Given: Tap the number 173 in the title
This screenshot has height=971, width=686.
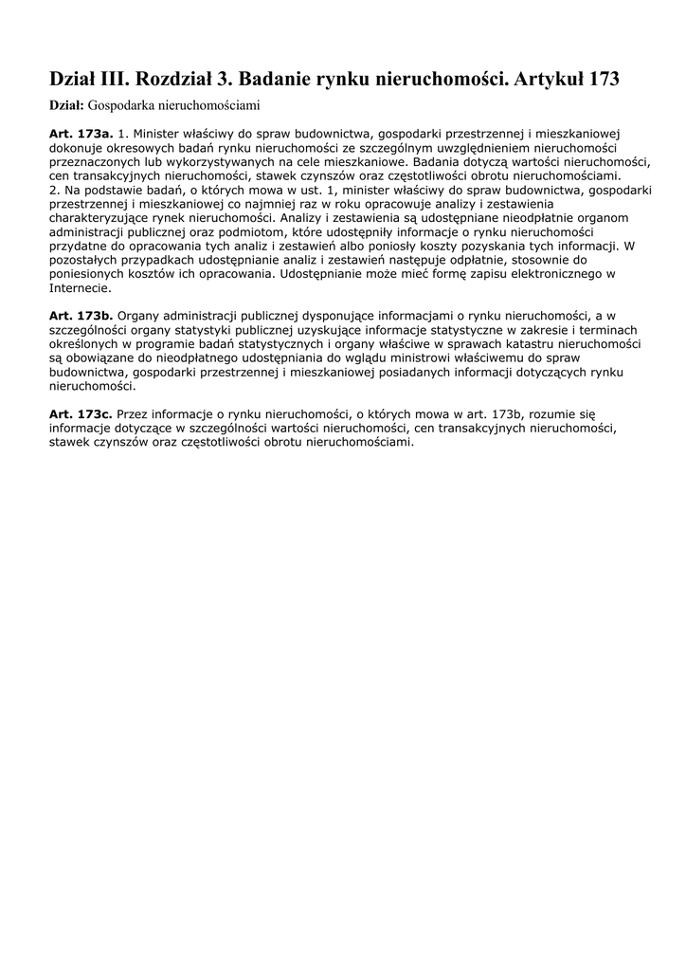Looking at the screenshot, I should click(x=604, y=80).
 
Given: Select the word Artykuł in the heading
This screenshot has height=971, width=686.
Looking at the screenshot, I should click(x=548, y=80).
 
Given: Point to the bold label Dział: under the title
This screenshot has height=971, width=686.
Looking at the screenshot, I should click(x=66, y=104).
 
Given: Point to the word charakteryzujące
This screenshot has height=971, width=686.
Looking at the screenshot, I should click(x=104, y=219).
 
